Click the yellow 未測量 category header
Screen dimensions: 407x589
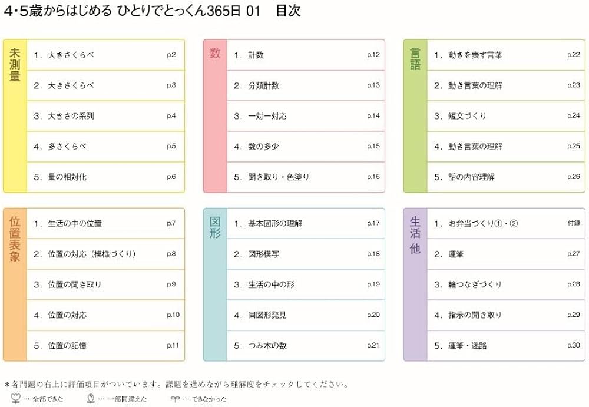(x=15, y=65)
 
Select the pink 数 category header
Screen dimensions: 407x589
(x=215, y=54)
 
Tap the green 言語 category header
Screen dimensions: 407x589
(x=415, y=59)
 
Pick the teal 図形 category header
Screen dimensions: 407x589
(x=215, y=227)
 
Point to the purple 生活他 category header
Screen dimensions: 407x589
(x=415, y=236)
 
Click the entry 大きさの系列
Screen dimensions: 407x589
(x=71, y=116)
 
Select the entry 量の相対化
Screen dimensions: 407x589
(x=67, y=177)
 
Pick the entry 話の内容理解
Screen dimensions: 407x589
(x=471, y=177)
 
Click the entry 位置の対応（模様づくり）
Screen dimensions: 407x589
(x=92, y=254)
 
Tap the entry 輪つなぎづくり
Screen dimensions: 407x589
(x=475, y=284)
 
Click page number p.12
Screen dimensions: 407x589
(x=373, y=55)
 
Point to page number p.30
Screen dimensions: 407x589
(x=574, y=345)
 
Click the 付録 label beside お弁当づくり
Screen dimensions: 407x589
(x=574, y=223)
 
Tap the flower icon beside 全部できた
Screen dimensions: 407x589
(x=15, y=399)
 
